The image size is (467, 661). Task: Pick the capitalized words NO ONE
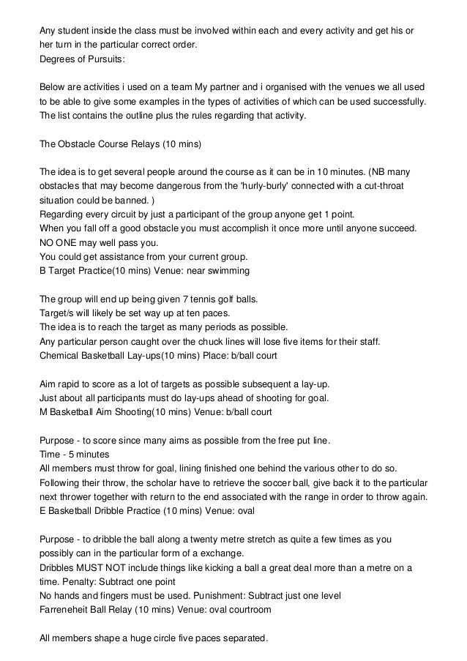click(60, 242)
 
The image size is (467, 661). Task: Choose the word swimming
click(230, 270)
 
